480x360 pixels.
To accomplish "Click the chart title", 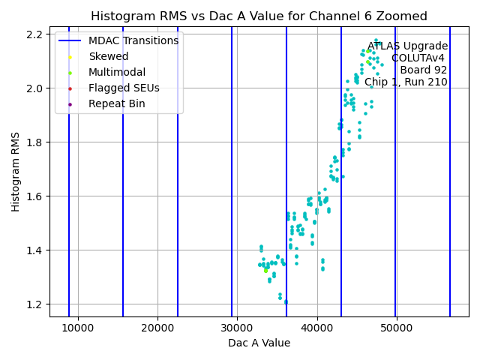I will (259, 16).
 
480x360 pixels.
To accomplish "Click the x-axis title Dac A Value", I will (259, 343).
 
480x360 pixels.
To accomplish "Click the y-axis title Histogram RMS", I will (16, 172).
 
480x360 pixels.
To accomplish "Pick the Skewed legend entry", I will (108, 56).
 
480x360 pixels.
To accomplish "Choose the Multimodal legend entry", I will (116, 72).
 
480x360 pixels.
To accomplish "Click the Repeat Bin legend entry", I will (116, 103).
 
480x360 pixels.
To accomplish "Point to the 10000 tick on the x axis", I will (78, 328).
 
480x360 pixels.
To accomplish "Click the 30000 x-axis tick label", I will (237, 328).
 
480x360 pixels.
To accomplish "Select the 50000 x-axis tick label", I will (396, 328).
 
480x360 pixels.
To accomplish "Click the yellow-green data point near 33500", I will (265, 271).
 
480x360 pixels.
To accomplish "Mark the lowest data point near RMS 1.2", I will (286, 302).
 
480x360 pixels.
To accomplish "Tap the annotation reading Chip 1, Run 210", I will (406, 82).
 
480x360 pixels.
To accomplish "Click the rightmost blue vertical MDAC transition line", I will (450, 172).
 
